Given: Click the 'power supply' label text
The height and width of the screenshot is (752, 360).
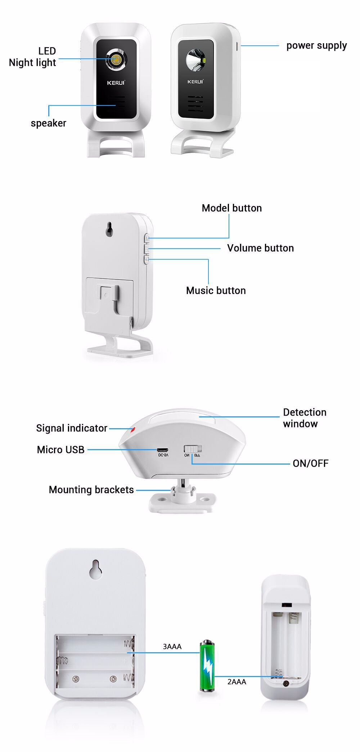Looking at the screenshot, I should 316,46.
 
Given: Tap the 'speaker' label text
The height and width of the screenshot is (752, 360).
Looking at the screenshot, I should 48,123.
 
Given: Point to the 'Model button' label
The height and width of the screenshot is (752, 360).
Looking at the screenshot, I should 231,208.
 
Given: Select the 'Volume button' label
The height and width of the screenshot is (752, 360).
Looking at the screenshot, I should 260,248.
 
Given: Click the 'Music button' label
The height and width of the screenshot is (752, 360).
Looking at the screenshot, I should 216,291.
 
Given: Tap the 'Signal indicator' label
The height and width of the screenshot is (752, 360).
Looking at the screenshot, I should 72,428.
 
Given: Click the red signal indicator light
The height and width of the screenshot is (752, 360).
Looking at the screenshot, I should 132,430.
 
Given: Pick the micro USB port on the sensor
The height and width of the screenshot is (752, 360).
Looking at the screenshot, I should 162,450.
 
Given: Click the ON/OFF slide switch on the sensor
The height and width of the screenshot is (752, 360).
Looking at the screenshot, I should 193,449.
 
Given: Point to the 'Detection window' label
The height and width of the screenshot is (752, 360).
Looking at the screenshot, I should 304,418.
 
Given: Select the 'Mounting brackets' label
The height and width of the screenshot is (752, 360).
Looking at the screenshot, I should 91,490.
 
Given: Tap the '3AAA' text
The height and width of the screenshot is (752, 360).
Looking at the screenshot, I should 172,647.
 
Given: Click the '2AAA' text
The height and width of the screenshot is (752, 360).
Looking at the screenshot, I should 237,682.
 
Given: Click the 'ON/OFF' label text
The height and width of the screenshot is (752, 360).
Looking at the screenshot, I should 310,464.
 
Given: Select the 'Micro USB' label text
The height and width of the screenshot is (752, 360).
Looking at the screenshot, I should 60,450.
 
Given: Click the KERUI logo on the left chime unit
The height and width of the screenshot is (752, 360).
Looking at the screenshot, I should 116,83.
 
